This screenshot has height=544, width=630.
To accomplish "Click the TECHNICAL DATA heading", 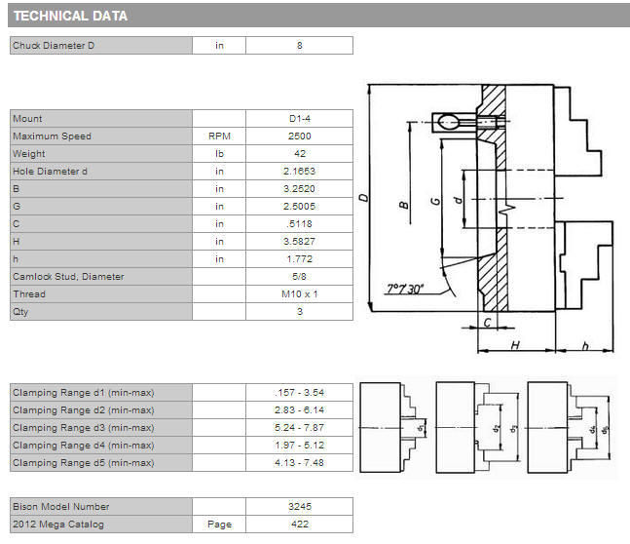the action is pos(70,16).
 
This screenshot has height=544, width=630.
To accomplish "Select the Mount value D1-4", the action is pos(300,119).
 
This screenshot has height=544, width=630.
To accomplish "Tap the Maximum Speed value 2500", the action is pos(300,136).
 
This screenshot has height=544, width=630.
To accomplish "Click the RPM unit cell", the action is pos(219,136).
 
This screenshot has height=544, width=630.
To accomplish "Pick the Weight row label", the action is pos(29,154).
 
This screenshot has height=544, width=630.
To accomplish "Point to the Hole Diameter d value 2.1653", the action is pos(299,171).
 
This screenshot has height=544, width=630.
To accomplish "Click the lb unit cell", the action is pos(219,154).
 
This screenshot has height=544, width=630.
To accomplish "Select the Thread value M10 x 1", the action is pos(300,294).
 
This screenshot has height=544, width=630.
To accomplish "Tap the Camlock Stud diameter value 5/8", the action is pos(299,277).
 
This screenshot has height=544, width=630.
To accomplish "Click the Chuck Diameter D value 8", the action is pos(300,46).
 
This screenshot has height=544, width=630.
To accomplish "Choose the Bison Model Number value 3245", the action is pos(300,507).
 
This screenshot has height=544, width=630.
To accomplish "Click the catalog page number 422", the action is pos(300,525).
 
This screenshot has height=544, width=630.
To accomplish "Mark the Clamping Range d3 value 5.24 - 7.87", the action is pos(299,427).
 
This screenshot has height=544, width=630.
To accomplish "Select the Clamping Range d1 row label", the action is pos(84,393).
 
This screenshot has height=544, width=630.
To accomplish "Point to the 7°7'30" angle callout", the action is pos(405,289).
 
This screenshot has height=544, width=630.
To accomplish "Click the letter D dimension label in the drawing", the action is pos(363,198).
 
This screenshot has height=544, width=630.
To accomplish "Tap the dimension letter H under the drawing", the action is pos(515,345).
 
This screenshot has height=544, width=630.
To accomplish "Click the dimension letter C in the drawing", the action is pos(488,323).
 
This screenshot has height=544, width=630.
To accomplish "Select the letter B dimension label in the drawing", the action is pos(404,205).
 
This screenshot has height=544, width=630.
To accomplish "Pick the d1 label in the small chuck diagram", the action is pos(421,427).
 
